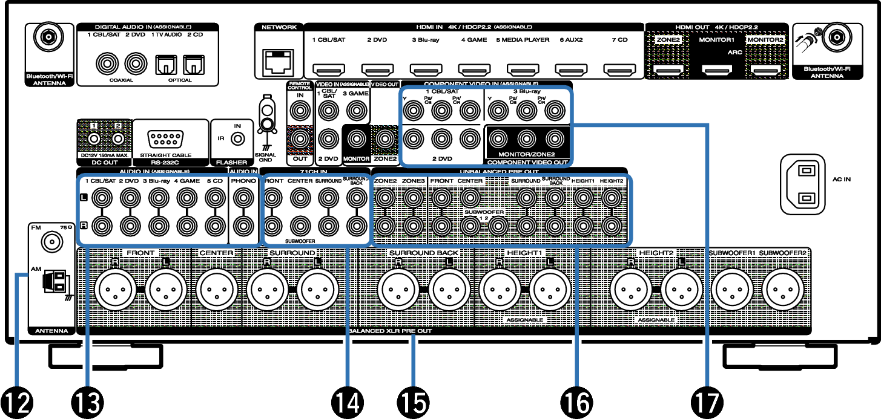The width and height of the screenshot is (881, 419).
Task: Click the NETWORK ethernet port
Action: pyautogui.click(x=279, y=60)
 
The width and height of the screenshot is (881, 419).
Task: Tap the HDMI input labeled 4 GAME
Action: pyautogui.click(x=473, y=70)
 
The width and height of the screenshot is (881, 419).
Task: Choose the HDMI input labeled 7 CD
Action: pyautogui.click(x=619, y=70)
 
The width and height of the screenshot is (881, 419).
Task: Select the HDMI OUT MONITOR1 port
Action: pyautogui.click(x=716, y=70)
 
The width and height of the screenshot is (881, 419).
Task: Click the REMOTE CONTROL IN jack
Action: pyautogui.click(x=299, y=111)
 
